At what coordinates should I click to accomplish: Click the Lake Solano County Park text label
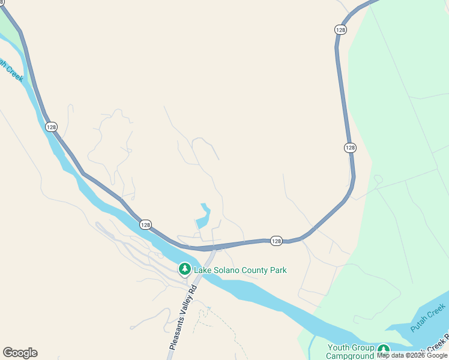pos(240,270)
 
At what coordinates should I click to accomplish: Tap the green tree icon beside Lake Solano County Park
pos(185,269)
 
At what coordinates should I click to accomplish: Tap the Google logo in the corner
pos(20,353)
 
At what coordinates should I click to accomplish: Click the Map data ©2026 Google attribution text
pos(412,355)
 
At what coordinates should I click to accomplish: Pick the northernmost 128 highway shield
pos(340,29)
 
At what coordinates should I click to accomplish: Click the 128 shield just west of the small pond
pos(145,224)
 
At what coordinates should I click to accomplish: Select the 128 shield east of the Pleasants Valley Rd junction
pos(276,240)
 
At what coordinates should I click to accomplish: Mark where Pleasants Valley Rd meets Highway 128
pos(214,247)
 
